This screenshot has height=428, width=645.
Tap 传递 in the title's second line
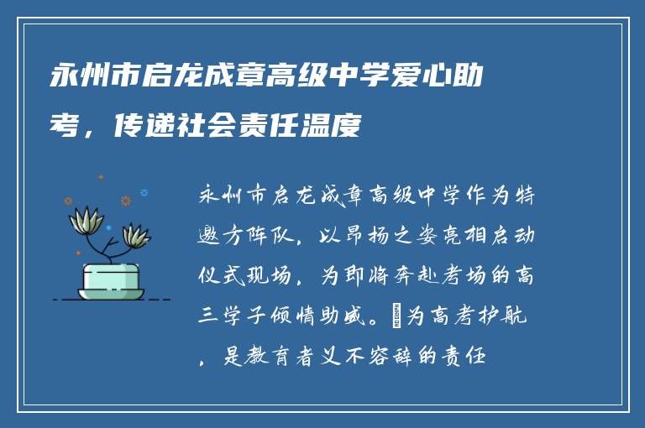point(133,128)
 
